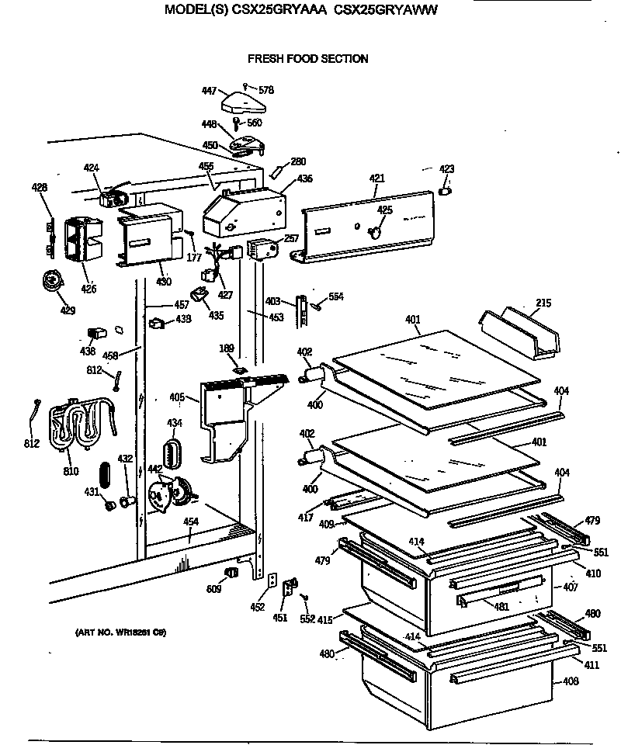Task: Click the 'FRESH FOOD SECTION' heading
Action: coord(307,59)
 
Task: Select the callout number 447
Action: coord(209,91)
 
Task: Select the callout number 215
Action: coord(544,303)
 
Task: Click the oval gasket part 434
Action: coord(172,451)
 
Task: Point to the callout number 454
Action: coord(190,521)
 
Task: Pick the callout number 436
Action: coord(304,178)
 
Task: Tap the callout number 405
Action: coord(176,397)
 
